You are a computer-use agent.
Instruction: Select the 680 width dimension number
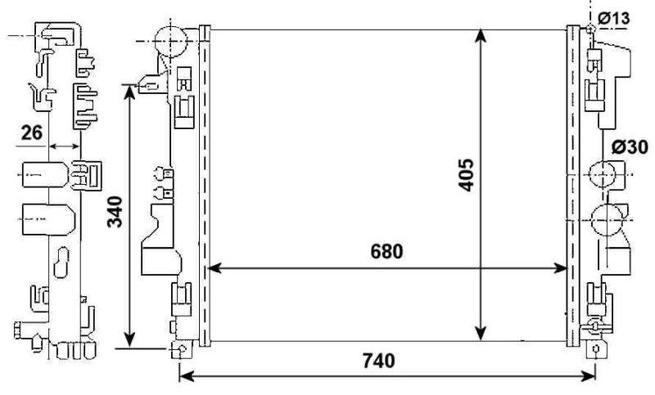pos(386,251)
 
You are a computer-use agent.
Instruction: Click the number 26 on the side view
pos(33,132)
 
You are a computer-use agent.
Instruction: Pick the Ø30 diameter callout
pos(630,147)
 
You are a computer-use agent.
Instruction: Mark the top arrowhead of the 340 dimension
pos(129,89)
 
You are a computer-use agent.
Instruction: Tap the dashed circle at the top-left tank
pos(170,40)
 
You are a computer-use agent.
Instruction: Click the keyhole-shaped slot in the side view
pos(63,266)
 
